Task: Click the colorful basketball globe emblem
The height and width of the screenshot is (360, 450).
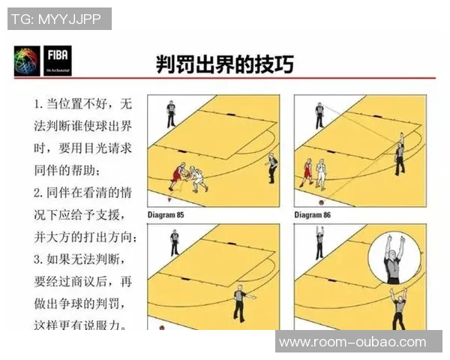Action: (x=27, y=60)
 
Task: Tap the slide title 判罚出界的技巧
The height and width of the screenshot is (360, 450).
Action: (x=223, y=63)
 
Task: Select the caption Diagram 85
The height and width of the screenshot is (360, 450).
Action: (x=165, y=214)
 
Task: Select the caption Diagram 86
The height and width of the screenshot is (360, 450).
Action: (x=312, y=214)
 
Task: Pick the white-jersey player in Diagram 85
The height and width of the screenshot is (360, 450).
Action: (x=198, y=179)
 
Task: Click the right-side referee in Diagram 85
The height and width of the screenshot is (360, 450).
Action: (x=271, y=167)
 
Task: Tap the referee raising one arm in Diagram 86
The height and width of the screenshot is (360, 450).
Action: (x=400, y=154)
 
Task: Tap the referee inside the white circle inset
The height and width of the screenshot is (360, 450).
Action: (x=392, y=259)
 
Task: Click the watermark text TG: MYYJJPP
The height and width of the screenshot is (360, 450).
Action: (x=59, y=19)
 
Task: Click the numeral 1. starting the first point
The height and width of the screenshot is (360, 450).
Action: (x=38, y=102)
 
